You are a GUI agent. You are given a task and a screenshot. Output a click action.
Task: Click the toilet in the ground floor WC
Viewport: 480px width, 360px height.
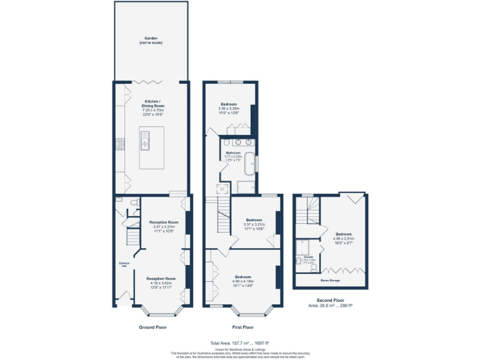[134, 202]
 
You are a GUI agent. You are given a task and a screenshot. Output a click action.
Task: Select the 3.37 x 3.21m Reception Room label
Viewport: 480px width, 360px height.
[164, 226]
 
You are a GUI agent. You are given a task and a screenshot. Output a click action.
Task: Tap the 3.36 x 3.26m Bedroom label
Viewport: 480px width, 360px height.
[229, 107]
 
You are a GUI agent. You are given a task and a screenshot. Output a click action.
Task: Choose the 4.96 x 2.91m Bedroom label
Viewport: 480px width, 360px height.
[344, 238]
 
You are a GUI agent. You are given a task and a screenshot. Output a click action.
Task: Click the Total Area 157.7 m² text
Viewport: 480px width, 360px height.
[240, 343]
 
